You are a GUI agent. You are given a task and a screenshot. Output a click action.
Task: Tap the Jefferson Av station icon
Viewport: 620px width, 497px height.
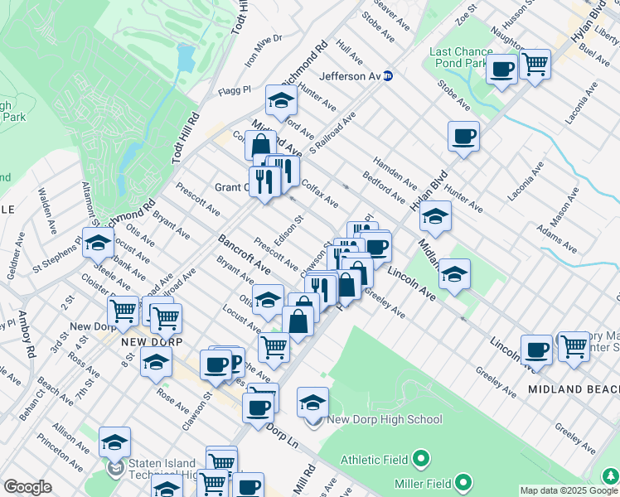tap(387, 76)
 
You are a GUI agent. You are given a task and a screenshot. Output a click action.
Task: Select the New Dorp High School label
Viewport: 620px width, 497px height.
tap(385, 419)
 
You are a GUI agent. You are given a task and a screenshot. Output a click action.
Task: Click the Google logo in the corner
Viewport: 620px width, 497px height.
tap(27, 487)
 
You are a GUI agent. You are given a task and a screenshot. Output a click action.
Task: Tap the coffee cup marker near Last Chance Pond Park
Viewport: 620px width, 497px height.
tap(501, 69)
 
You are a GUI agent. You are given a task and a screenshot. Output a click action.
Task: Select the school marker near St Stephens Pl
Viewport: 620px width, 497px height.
tap(97, 243)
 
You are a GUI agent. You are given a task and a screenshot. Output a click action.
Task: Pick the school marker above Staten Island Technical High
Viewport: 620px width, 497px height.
tap(115, 442)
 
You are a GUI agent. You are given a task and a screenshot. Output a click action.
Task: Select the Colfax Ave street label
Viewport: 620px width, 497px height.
tap(321, 194)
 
